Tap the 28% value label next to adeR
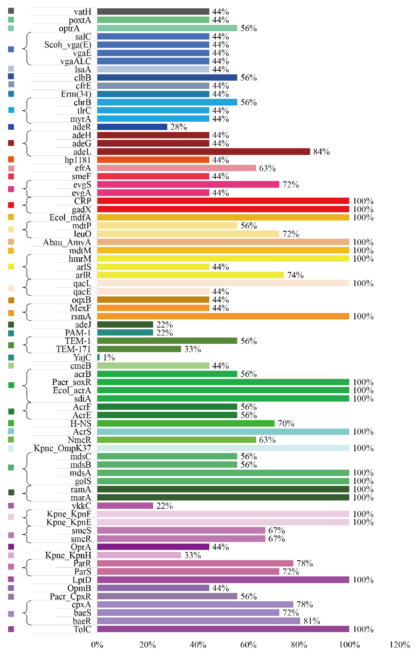coord(179,127)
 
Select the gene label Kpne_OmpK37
coord(62,448)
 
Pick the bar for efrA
coord(176,168)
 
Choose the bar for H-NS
coord(186,423)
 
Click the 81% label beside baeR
coord(312,621)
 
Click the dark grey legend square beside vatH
coord(11,11)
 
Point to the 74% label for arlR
coord(295,275)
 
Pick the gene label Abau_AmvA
coord(67,242)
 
